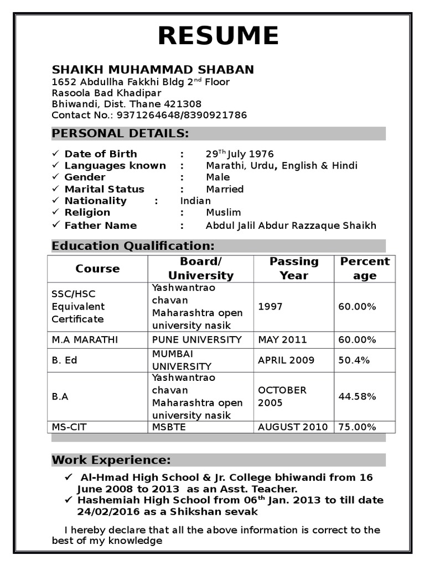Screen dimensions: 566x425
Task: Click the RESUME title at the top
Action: (218, 36)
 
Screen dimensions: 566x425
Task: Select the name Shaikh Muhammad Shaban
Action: (153, 70)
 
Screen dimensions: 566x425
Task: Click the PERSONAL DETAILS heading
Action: (120, 133)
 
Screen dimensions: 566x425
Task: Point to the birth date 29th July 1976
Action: (240, 154)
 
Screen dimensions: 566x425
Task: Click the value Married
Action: (225, 189)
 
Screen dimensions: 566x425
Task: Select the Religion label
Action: (87, 212)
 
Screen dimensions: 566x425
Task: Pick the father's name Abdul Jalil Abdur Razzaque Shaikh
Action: (291, 226)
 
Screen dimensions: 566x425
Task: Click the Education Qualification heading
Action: (133, 246)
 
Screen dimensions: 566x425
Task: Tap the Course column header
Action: (97, 269)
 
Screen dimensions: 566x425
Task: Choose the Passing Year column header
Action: (294, 268)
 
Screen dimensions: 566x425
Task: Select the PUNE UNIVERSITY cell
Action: (197, 339)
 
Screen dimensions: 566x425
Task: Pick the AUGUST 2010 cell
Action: (293, 427)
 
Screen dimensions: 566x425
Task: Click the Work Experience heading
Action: (111, 460)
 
